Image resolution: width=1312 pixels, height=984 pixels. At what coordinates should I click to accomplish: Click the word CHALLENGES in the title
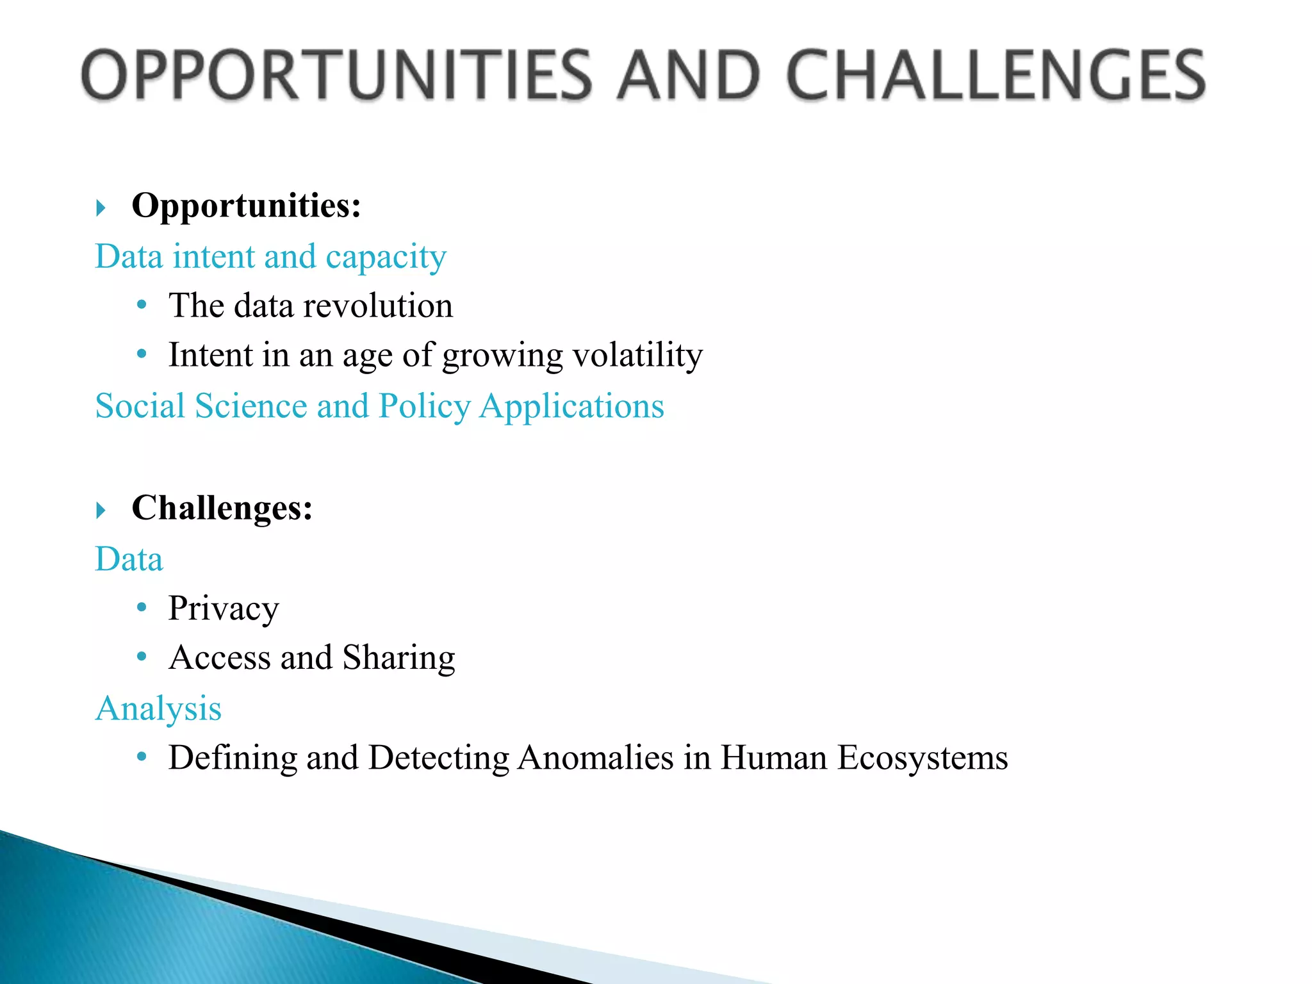tap(996, 75)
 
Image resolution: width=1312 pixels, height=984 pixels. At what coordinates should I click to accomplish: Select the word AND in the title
tap(689, 75)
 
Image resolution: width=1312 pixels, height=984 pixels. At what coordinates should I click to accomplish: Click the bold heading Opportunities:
tap(246, 206)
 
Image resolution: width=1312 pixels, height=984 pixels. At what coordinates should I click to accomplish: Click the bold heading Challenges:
tap(222, 509)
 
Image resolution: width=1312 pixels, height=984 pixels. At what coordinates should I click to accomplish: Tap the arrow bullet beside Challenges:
tap(101, 511)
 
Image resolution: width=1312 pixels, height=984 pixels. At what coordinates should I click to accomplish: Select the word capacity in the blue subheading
tap(386, 258)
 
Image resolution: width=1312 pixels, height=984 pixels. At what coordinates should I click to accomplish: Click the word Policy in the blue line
tap(424, 406)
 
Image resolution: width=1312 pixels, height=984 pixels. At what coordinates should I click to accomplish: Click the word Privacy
tap(224, 609)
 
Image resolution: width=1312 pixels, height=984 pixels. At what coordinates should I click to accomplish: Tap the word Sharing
tap(398, 658)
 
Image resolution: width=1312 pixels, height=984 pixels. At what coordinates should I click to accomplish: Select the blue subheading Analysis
tap(158, 709)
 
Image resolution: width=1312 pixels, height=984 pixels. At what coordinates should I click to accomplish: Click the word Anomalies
tap(595, 758)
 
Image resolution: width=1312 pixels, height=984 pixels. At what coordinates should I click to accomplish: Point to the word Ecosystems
tap(922, 758)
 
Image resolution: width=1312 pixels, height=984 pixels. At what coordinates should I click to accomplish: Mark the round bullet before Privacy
tap(142, 607)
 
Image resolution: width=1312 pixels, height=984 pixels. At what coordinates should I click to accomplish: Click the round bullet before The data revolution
tap(142, 304)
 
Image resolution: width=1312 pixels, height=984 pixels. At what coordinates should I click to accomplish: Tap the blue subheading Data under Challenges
tap(129, 559)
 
